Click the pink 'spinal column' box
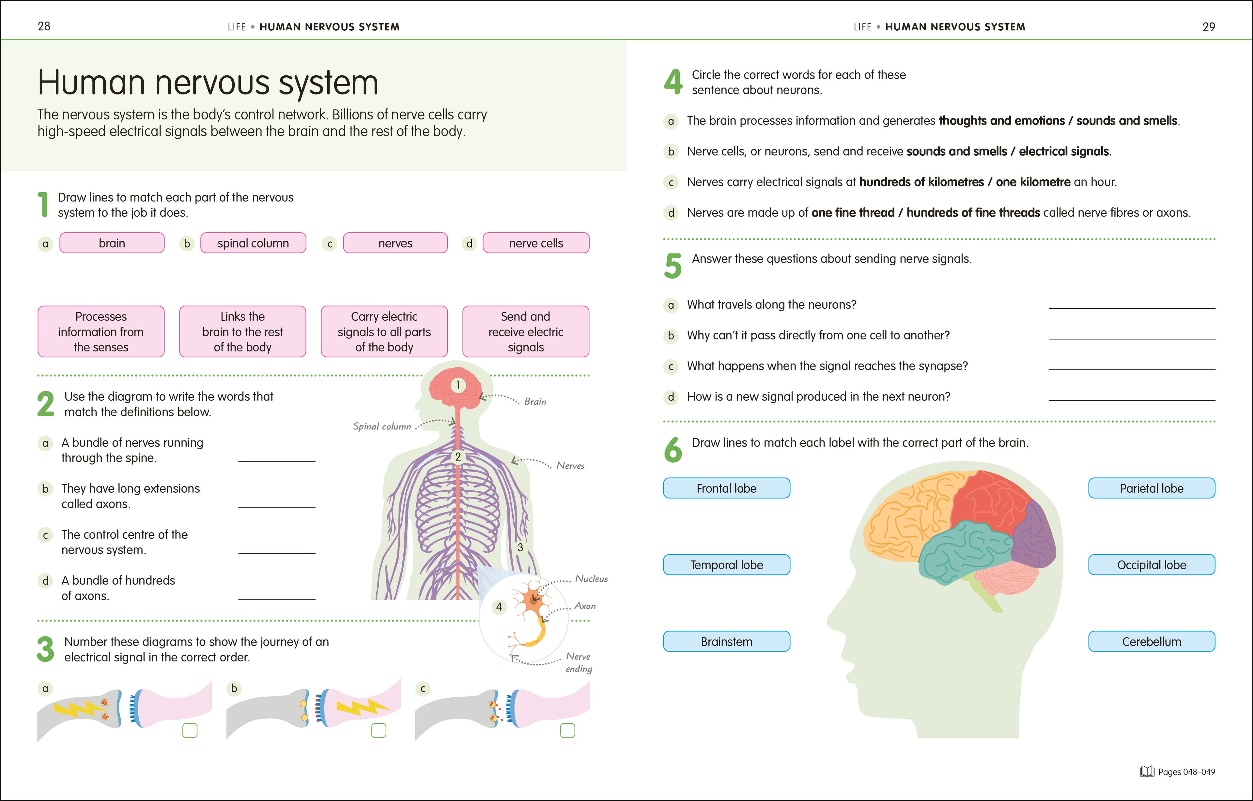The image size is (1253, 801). click(x=253, y=243)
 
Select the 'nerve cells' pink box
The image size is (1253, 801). click(x=536, y=243)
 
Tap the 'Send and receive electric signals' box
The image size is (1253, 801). click(x=526, y=331)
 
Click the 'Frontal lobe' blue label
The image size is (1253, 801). click(x=726, y=488)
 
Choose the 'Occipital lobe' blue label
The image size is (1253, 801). click(x=1152, y=565)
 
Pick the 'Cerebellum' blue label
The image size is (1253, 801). click(x=1152, y=641)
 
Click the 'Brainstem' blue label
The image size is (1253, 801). click(x=726, y=641)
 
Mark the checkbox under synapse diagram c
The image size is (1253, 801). click(x=567, y=731)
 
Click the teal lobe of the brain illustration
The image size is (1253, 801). click(x=963, y=552)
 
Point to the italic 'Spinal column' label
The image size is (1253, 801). click(x=382, y=426)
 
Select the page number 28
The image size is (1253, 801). click(x=44, y=26)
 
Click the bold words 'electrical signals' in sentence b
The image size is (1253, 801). click(x=1064, y=151)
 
